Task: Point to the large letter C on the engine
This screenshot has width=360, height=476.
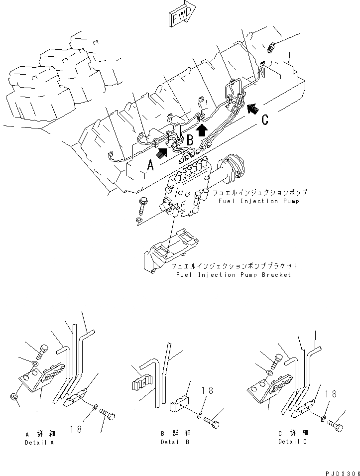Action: click(265, 119)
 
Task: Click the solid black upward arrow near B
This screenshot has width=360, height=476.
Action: click(201, 130)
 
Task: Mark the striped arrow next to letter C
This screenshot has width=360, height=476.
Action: click(253, 107)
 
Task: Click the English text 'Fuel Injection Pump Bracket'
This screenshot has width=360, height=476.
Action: click(234, 274)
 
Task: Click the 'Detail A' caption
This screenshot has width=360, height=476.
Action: click(39, 442)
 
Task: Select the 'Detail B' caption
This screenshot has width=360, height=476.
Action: click(175, 442)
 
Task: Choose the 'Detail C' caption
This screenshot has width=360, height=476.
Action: click(293, 442)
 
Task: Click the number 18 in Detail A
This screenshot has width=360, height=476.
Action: click(76, 429)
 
